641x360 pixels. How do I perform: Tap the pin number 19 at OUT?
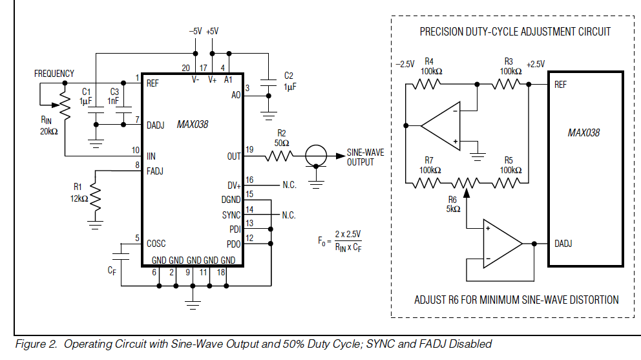pos(249,150)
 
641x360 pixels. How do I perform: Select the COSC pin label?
pos(156,243)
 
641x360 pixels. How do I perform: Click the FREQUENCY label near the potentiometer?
pos(54,74)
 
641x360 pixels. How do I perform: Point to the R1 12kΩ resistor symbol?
pos(96,196)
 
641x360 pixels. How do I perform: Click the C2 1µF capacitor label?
pos(289,81)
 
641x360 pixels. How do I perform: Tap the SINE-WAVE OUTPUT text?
pos(365,157)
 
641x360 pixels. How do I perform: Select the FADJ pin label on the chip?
pos(156,171)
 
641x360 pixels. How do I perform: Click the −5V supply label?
pos(195,30)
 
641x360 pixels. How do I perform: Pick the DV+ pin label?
pos(234,185)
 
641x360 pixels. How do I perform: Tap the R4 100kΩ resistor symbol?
pos(427,84)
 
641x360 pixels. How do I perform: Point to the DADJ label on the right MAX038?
pos(563,244)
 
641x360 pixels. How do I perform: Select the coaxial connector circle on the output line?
pos(315,156)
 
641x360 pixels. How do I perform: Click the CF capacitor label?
pos(112,271)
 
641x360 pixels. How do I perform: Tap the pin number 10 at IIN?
pos(135,150)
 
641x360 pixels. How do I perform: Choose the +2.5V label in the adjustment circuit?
pos(536,64)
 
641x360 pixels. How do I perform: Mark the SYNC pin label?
pos(231,215)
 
